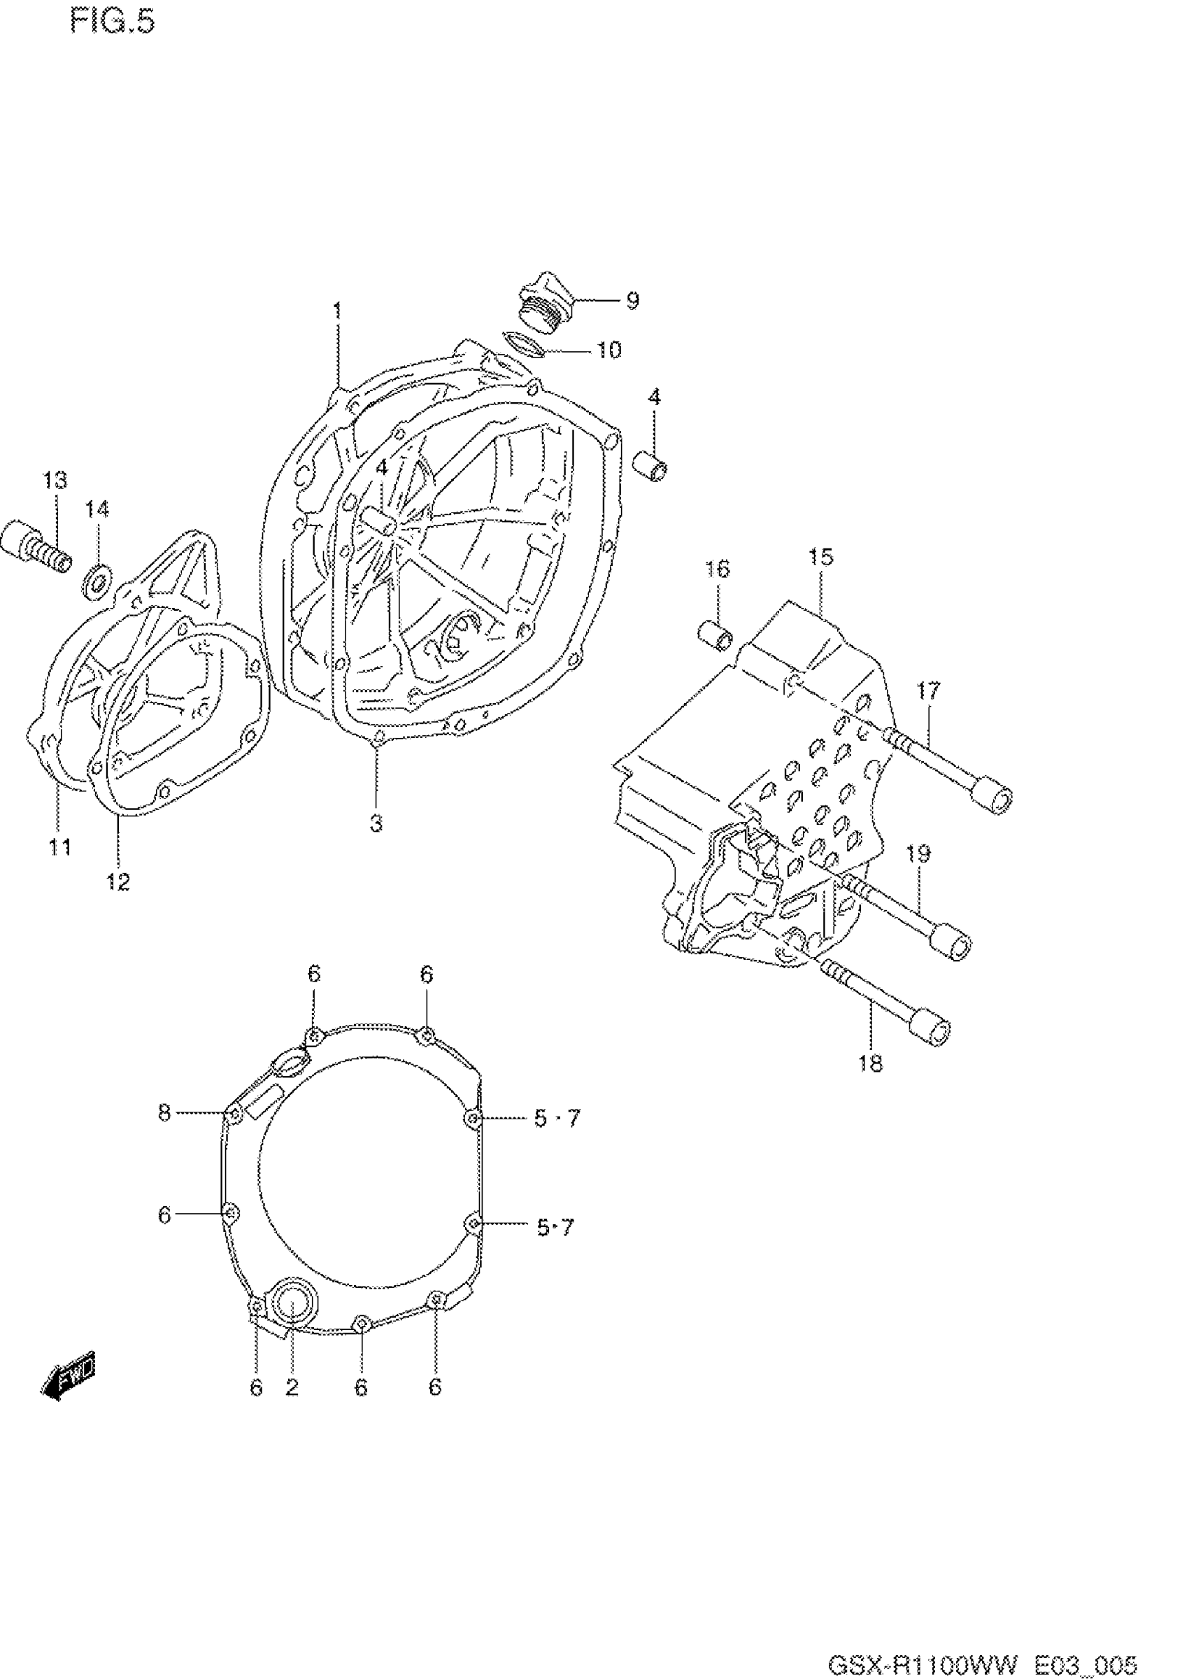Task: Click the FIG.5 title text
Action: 113,22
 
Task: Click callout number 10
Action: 609,350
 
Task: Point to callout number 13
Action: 54,481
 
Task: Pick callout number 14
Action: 97,508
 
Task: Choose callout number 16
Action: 718,569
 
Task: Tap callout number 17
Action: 927,690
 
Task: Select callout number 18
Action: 871,1063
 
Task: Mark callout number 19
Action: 918,853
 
